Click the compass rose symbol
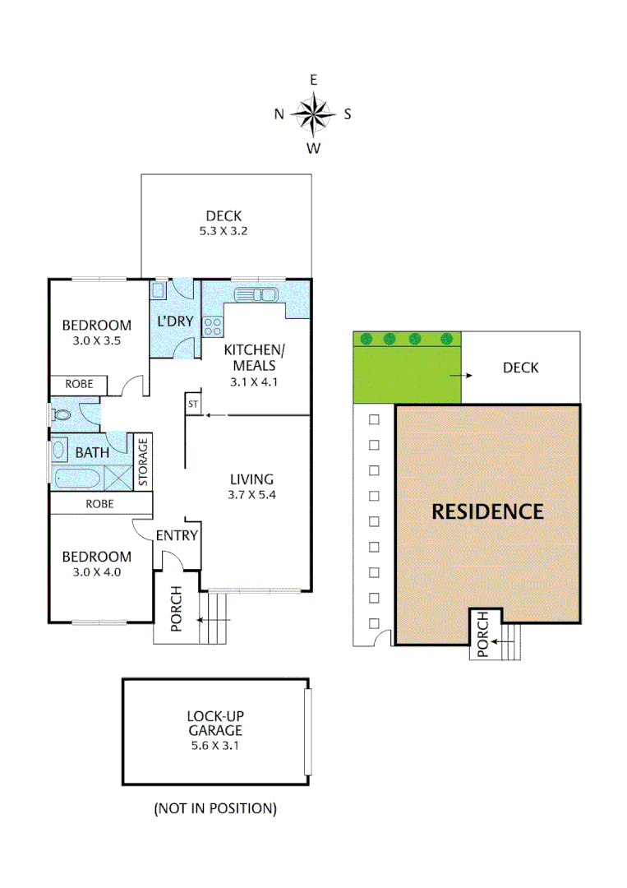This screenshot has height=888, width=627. (x=313, y=114)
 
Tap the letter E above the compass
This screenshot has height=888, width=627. (x=313, y=80)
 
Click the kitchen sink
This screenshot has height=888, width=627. (x=256, y=295)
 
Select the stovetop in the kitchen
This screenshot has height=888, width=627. (x=213, y=326)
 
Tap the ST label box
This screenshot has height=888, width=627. (x=193, y=405)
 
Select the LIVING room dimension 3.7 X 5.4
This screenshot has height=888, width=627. (x=251, y=495)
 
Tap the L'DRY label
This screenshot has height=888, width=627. (x=174, y=321)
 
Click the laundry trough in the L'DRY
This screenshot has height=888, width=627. (x=159, y=289)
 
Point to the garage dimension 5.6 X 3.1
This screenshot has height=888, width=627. (x=214, y=746)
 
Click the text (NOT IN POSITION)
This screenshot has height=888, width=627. (x=215, y=808)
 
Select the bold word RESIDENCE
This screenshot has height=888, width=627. (x=488, y=511)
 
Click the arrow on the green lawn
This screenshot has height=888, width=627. (x=466, y=375)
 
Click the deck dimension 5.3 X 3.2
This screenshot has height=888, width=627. (x=224, y=231)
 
